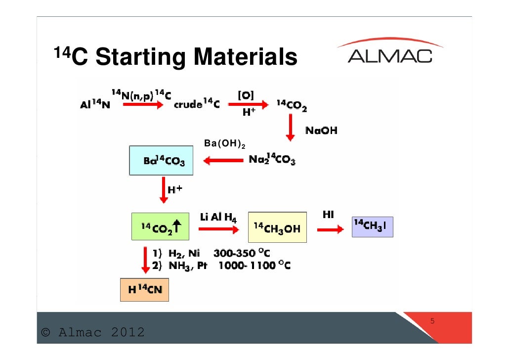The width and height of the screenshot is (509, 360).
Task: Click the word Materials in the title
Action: pyautogui.click(x=245, y=57)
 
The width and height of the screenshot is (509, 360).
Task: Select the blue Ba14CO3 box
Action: pyautogui.click(x=161, y=161)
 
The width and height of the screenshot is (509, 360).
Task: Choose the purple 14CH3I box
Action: pyautogui.click(x=373, y=226)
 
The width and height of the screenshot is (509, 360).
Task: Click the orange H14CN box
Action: pyautogui.click(x=145, y=290)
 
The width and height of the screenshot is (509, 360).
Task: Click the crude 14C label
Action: pyautogui.click(x=196, y=104)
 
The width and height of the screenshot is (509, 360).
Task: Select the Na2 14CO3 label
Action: pyautogui.click(x=272, y=160)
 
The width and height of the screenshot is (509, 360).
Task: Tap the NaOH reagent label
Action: pyautogui.click(x=321, y=131)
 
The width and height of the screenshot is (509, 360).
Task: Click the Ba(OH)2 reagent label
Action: pyautogui.click(x=224, y=144)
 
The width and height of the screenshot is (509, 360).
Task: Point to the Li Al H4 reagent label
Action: pyautogui.click(x=218, y=217)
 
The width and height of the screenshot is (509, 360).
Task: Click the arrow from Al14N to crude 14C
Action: pyautogui.click(x=142, y=105)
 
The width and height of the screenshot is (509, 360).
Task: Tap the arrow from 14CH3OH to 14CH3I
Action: pyautogui.click(x=330, y=229)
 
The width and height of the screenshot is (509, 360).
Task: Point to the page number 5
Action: pyautogui.click(x=432, y=321)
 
